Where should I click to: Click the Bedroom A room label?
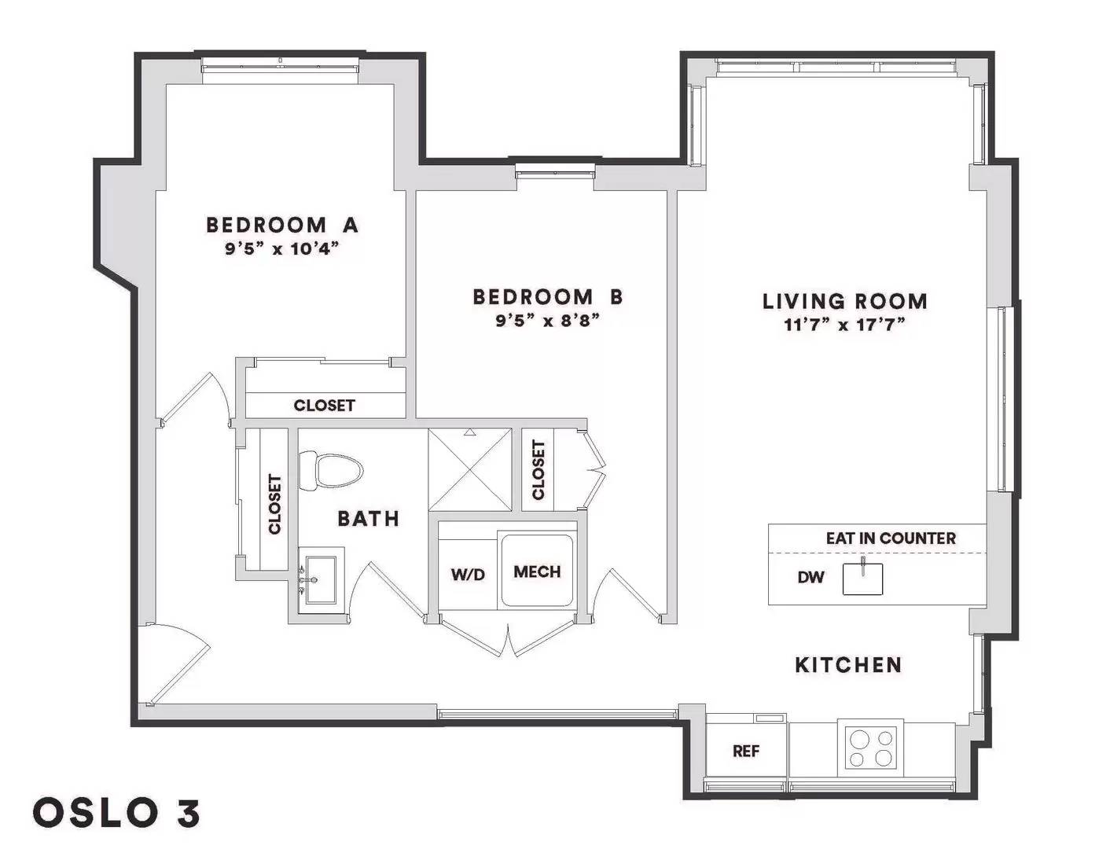(282, 225)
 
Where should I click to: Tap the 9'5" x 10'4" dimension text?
(281, 249)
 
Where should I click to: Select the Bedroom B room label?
(548, 297)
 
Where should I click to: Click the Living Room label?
(844, 301)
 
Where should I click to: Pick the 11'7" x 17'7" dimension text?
(844, 325)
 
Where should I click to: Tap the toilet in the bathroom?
(331, 471)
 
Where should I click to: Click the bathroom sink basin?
(322, 580)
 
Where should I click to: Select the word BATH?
(368, 519)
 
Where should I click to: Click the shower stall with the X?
(470, 470)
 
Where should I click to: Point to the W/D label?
(468, 575)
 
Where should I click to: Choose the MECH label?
(537, 572)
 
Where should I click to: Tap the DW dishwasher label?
(810, 578)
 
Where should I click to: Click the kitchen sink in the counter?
(863, 579)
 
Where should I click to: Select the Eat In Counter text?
(891, 538)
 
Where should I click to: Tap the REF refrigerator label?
(746, 752)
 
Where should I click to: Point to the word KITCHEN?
(849, 665)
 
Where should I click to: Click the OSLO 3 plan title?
(116, 813)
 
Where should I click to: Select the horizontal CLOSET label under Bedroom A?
(324, 406)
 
